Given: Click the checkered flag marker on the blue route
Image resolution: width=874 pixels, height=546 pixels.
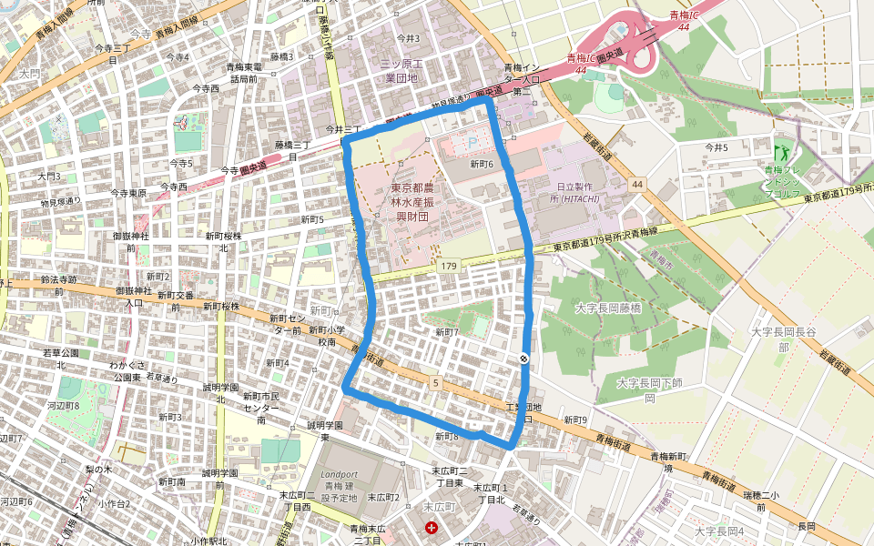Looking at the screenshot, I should coord(525,359).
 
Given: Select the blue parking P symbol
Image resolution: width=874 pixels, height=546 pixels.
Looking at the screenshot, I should coord(472,142).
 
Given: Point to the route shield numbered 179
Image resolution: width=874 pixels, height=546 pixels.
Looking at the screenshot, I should coord(448,266).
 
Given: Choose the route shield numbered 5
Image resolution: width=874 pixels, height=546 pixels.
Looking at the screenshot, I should coord(436,383).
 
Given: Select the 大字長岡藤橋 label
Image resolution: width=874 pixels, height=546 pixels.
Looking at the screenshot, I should coord(608,309).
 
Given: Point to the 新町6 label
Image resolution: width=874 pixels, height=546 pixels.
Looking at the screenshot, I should coord(482,165).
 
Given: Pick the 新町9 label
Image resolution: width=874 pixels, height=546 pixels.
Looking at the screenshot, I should coord(574,420).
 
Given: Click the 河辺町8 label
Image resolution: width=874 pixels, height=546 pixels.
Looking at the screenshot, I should coord(63,406).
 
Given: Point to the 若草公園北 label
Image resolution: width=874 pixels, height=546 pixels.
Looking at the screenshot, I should coord(61,358).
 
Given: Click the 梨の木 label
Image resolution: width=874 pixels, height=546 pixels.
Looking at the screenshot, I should coord(97,470).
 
